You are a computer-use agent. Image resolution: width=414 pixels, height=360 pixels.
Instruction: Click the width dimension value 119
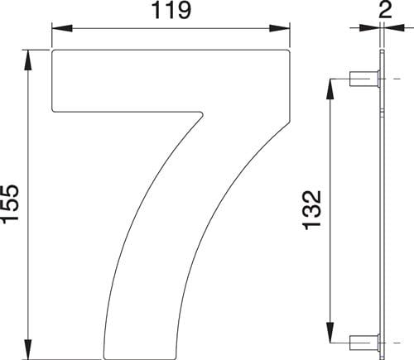172,12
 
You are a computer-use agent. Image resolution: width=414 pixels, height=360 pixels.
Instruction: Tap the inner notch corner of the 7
201,113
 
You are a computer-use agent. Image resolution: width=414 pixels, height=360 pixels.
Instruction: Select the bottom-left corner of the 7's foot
103,358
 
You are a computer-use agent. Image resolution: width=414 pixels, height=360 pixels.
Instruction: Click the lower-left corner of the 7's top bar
55,110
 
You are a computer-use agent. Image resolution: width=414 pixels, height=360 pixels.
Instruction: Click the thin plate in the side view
382,207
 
